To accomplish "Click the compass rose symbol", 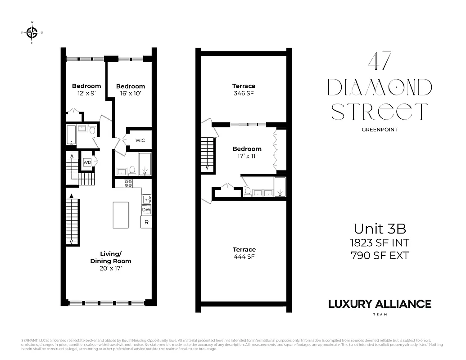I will tap(32, 32).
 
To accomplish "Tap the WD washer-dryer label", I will tap(87, 162).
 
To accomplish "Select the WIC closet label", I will tap(140, 140).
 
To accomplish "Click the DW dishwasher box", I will tap(146, 210).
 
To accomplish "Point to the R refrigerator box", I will tap(146, 222).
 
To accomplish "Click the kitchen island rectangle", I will tap(121, 215).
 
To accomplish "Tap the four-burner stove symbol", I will tap(128, 183).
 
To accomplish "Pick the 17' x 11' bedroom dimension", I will tap(247, 156).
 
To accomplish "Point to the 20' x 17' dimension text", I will tap(111, 268).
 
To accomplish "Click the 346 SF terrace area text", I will tap(244, 94).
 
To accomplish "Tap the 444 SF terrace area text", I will tap(244, 257).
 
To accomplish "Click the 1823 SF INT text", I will tap(380, 243).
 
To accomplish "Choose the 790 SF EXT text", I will tap(380, 256).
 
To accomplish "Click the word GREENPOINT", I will tap(380, 130).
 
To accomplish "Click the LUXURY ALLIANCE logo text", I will tap(380, 304).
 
